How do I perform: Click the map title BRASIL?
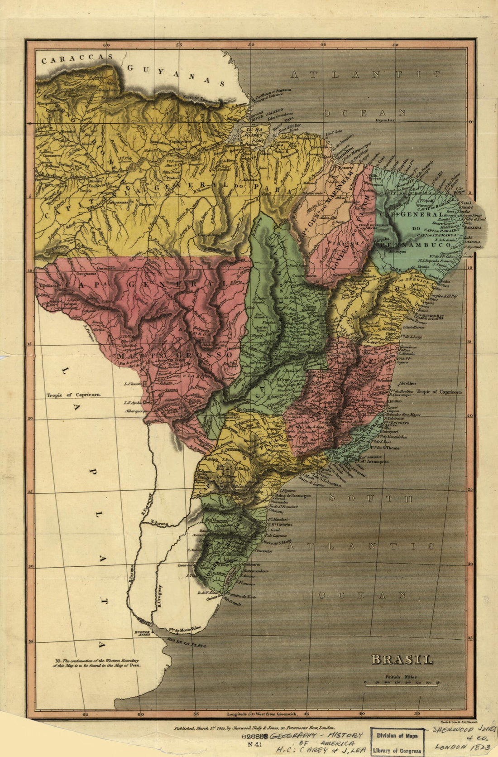(x=402, y=659)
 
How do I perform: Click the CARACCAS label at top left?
(x=77, y=58)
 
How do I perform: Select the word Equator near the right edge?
(x=385, y=120)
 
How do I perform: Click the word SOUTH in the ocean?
(x=371, y=498)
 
